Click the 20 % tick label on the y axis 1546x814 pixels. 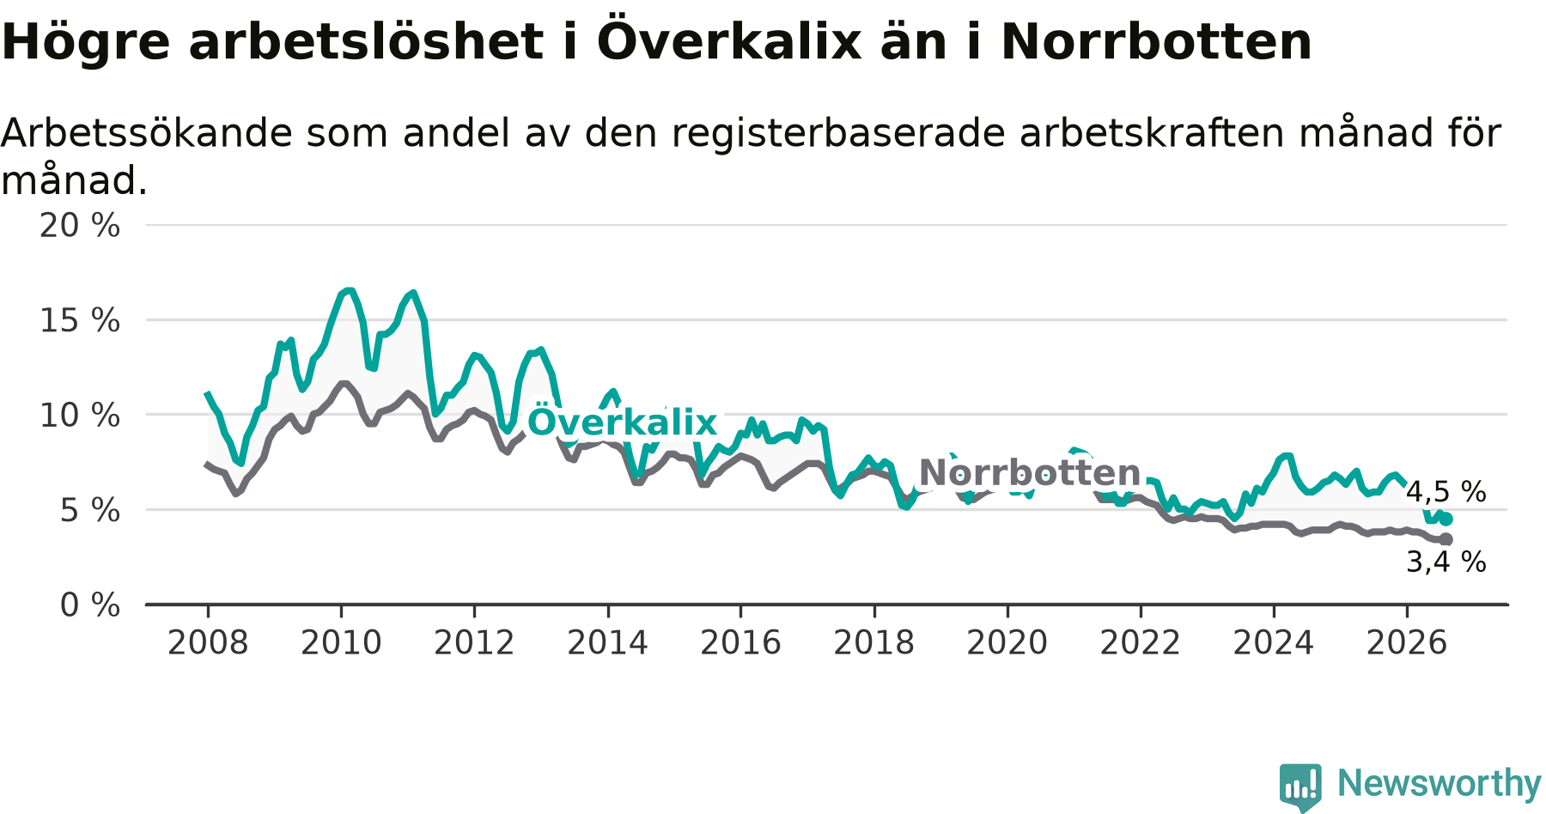[80, 226]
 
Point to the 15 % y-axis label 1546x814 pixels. [80, 321]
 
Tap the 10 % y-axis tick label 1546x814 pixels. [80, 416]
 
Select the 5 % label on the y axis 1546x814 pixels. [89, 511]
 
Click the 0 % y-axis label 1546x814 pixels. [89, 605]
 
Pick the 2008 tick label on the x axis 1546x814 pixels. [208, 643]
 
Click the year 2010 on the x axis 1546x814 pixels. [341, 643]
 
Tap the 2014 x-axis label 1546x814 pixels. [607, 643]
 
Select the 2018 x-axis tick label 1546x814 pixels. [874, 643]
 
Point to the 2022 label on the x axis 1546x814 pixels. [1141, 643]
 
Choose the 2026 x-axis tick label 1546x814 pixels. [1407, 643]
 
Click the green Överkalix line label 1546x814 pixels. [622, 422]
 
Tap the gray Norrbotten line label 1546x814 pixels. [1030, 473]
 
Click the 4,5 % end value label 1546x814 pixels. [1446, 492]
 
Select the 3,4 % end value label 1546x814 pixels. [1446, 562]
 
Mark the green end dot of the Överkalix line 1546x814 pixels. [1446, 519]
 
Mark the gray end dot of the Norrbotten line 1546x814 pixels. [1446, 539]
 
